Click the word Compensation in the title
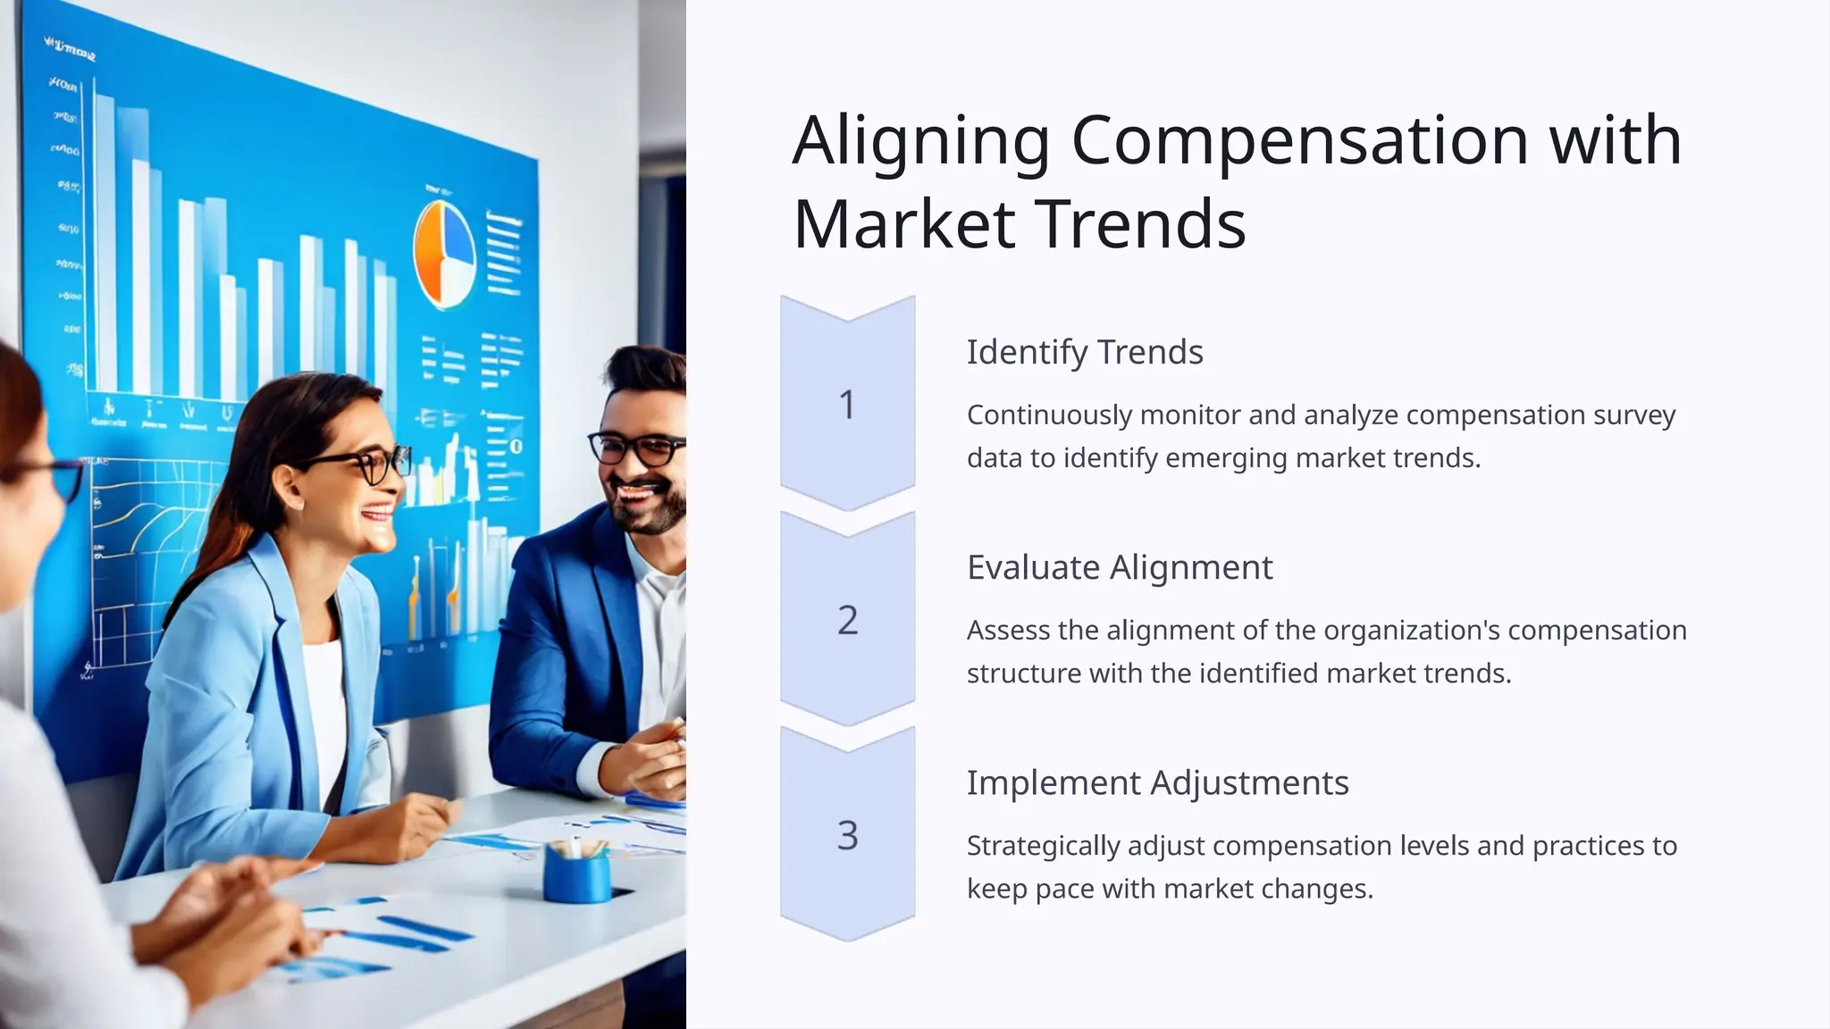coord(1300,141)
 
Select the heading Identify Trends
coord(1085,352)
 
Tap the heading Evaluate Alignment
coord(1120,567)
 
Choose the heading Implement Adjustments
coord(1157,782)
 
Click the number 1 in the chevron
coord(847,405)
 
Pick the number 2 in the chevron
coord(847,620)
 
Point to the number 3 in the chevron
coord(847,835)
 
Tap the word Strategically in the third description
coord(1043,846)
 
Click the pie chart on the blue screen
coord(444,255)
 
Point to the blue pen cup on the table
coord(576,873)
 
